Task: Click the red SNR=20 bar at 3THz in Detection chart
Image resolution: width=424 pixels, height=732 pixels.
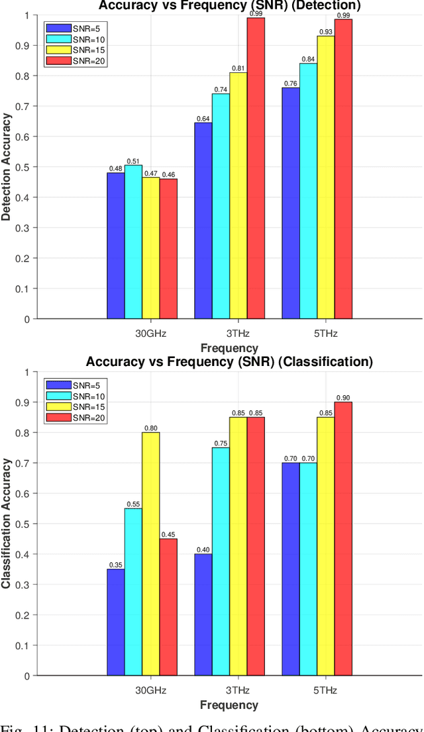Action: click(256, 168)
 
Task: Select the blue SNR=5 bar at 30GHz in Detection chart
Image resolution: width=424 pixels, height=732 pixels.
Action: click(116, 245)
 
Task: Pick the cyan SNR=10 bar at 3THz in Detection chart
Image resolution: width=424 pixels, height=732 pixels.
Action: click(221, 206)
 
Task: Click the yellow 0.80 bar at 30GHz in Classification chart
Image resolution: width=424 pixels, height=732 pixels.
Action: click(150, 554)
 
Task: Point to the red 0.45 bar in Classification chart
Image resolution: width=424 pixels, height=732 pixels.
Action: click(168, 607)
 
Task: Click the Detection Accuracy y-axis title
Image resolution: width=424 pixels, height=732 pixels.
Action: click(7, 166)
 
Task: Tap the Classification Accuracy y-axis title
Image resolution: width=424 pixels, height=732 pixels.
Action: click(7, 524)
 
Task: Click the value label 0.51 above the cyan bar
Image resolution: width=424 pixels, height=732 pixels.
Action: click(133, 160)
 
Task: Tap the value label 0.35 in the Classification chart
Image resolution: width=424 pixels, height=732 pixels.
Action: click(116, 564)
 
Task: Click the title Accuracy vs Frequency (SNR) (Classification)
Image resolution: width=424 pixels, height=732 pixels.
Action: click(229, 362)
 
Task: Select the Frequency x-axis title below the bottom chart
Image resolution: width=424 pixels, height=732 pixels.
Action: click(229, 705)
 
